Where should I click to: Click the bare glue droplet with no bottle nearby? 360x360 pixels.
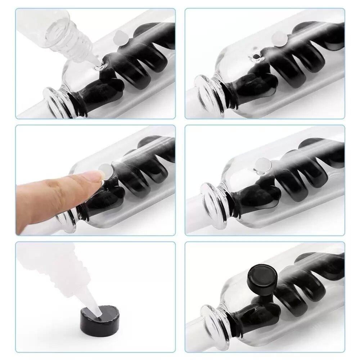pyautogui.click(x=256, y=56)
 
